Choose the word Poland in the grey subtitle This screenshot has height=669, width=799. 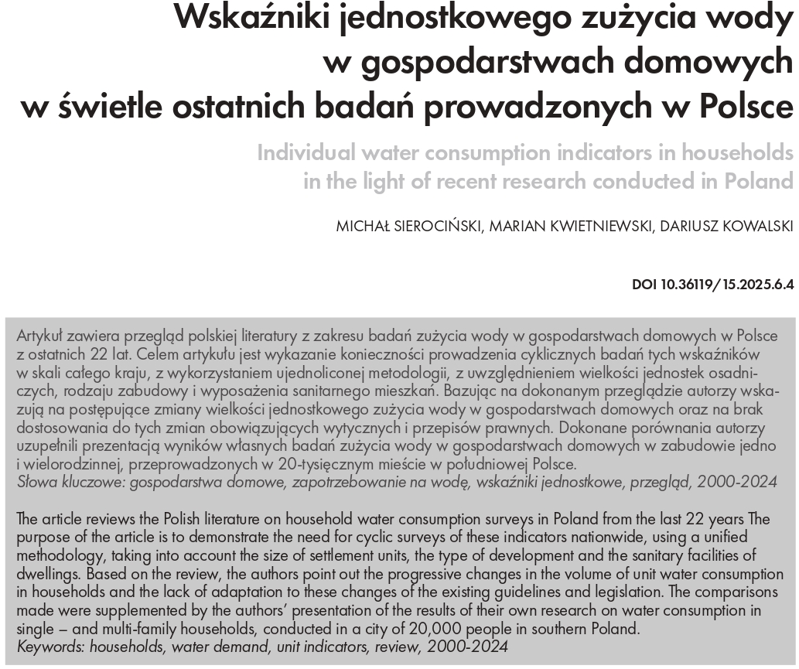coord(758,183)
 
